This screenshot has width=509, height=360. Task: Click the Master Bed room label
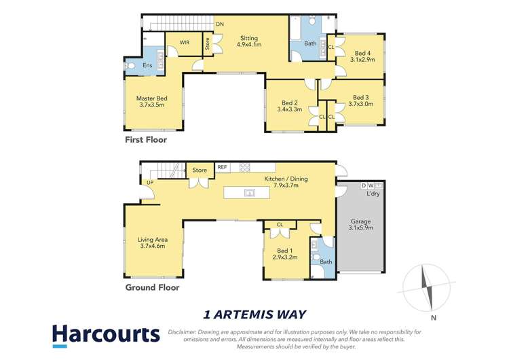[x=152, y=102]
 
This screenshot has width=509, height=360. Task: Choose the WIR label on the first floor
[x=184, y=42]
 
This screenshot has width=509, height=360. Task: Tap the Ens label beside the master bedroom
[x=147, y=65]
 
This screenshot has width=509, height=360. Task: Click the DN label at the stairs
[x=220, y=24]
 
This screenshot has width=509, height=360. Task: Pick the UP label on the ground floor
[x=149, y=182]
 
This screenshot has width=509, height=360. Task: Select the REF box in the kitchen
[x=223, y=167]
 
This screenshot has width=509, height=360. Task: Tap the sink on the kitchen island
[x=250, y=194]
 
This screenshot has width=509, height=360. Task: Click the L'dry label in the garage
[x=373, y=194]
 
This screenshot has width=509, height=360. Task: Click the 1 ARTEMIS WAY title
[x=254, y=314]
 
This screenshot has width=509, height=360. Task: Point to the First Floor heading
[x=145, y=140]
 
